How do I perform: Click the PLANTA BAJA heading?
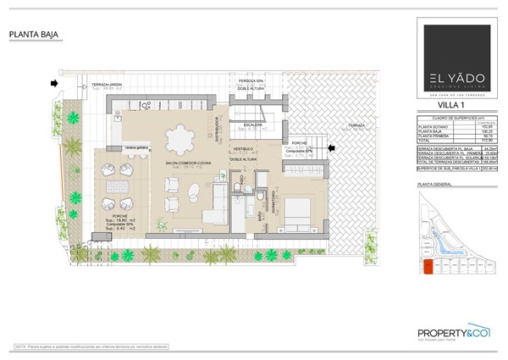(x=33, y=35)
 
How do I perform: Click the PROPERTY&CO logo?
(x=455, y=333)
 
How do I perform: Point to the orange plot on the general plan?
(x=428, y=267)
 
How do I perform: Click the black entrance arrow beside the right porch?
(x=332, y=147)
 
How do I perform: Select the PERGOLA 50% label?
(x=251, y=81)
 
